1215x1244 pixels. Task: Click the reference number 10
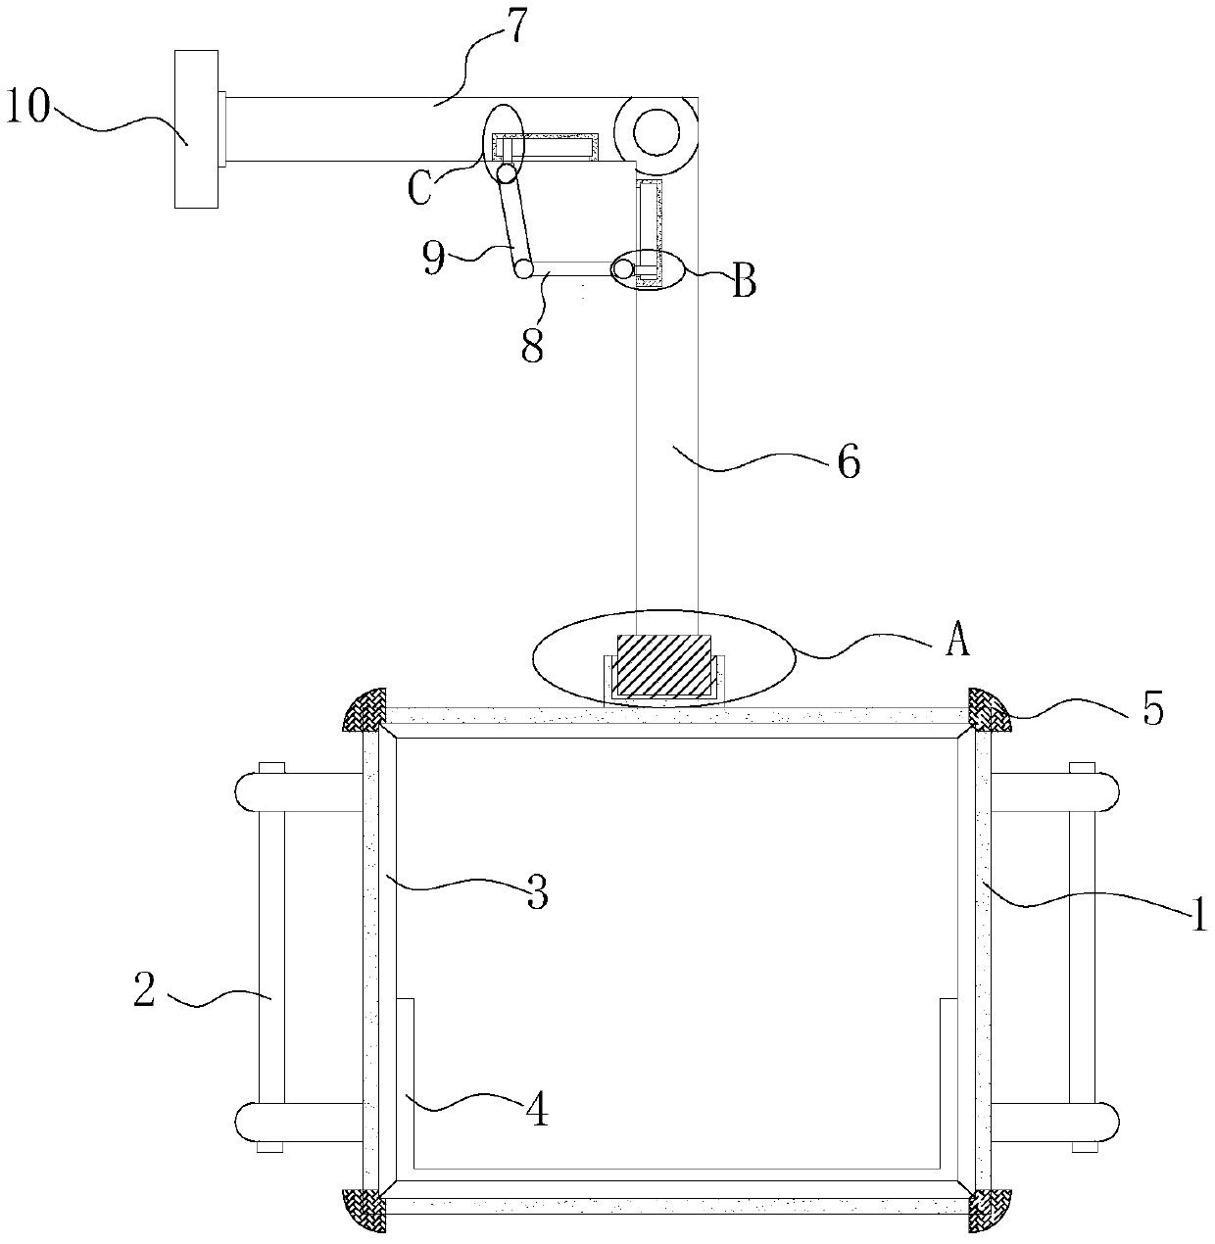[28, 107]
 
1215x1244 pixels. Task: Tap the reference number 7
[515, 27]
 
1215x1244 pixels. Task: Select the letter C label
[418, 189]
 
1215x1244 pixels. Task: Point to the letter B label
[745, 283]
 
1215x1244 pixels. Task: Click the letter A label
[957, 642]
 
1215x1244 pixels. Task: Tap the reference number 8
[531, 345]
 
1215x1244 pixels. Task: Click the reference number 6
[849, 460]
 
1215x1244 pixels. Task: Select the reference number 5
[1154, 708]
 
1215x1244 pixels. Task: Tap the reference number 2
[144, 991]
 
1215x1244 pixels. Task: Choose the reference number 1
[1197, 918]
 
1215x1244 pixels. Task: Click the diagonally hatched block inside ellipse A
[663, 666]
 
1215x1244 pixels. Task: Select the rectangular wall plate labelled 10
[196, 129]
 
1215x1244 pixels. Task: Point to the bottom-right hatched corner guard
[990, 1211]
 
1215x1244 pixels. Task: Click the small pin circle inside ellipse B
[623, 267]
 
